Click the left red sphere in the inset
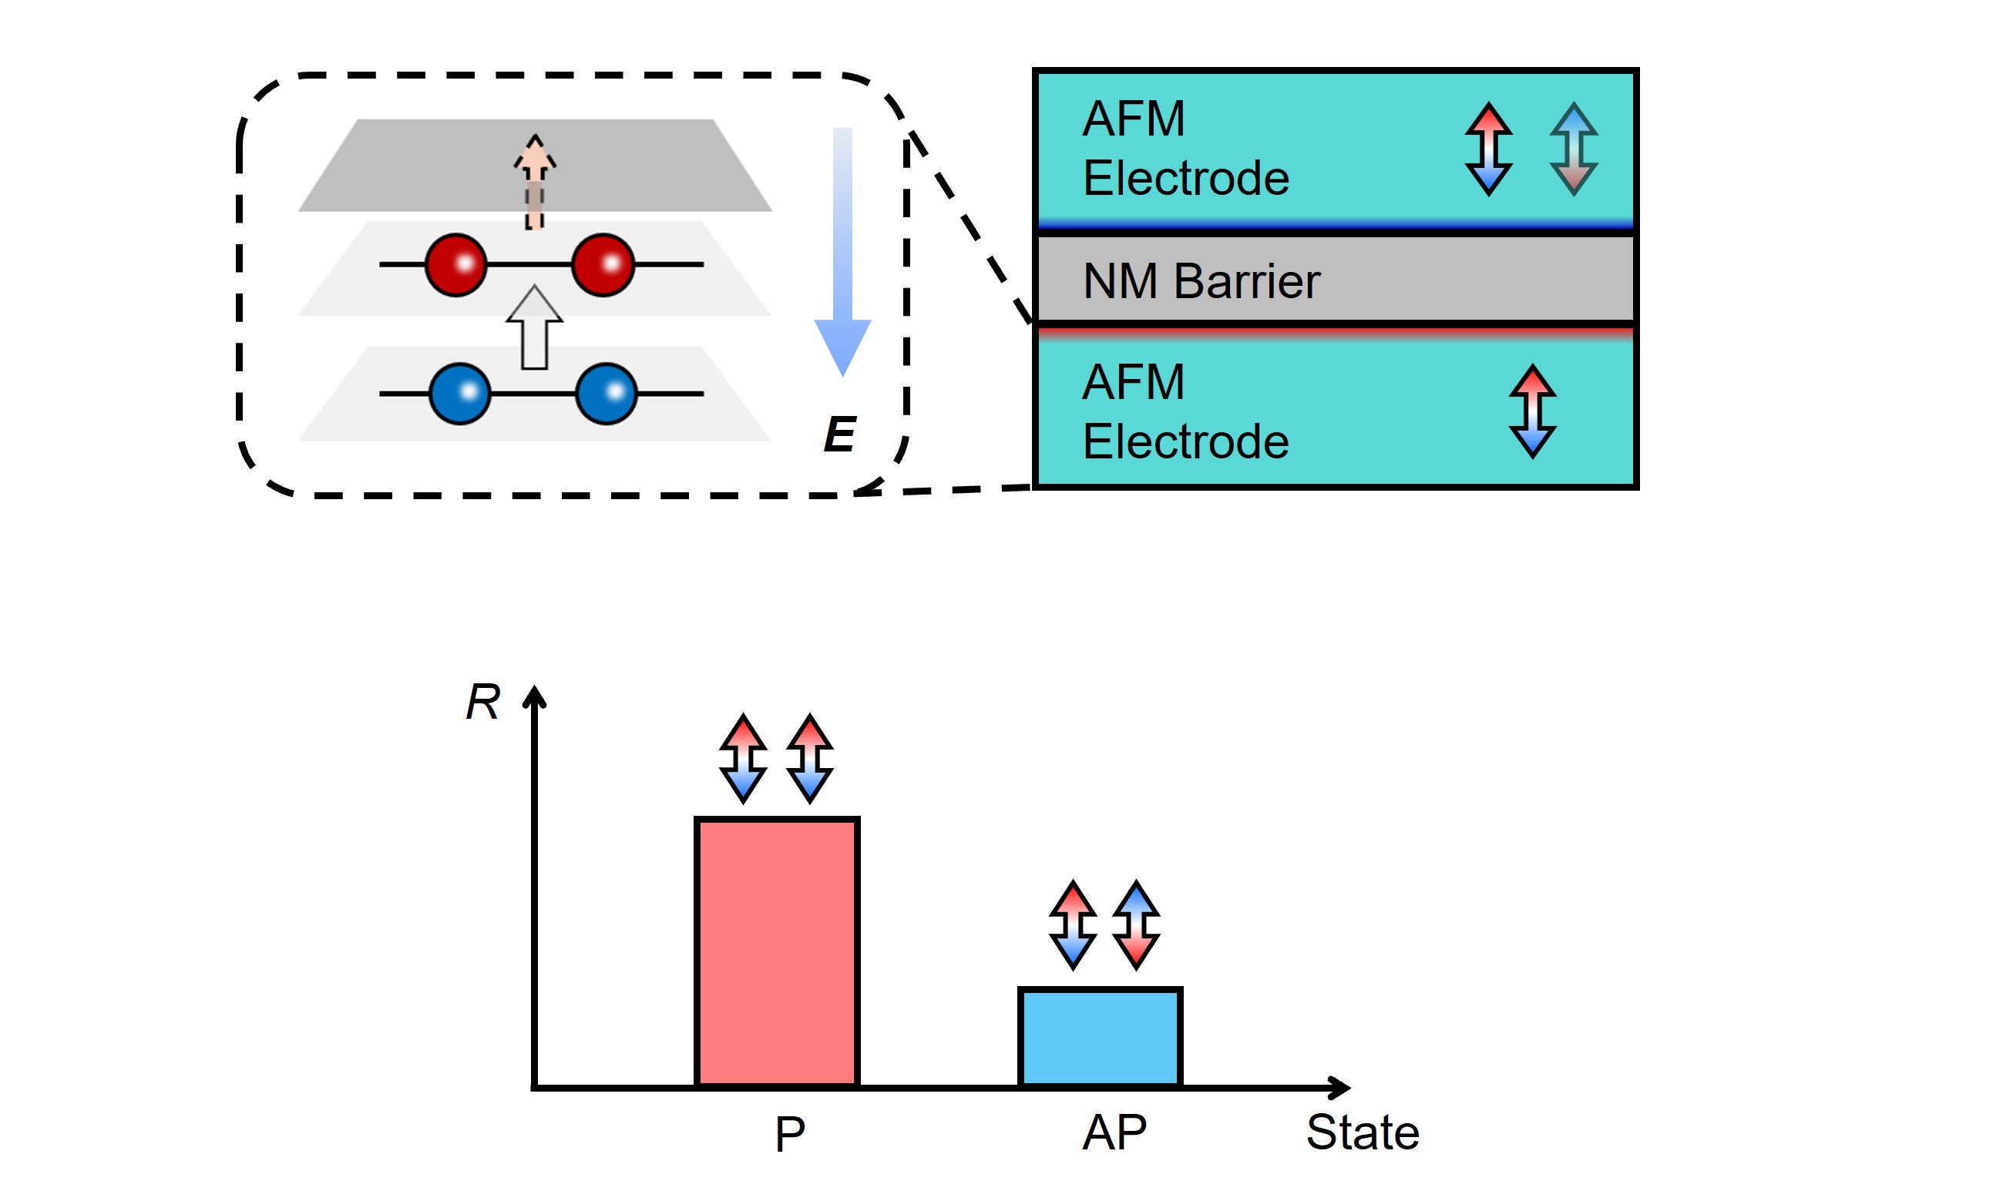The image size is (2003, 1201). coord(455,265)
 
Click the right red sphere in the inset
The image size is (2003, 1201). coord(603,265)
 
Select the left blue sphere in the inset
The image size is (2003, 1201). coord(459,394)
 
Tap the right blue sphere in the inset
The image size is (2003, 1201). coord(606,394)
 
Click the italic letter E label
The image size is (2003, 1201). coord(839,434)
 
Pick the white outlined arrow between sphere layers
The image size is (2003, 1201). coord(534,327)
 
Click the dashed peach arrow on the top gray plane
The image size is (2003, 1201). coord(534,182)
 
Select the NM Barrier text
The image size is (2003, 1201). coord(1201,282)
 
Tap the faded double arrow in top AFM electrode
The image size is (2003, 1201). coord(1573,149)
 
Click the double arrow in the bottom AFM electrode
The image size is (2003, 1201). coord(1532,411)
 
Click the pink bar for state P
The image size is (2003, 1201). coord(776,951)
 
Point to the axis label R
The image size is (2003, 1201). coord(483,701)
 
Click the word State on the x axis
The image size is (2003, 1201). coord(1363,1132)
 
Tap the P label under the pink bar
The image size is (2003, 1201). coord(789,1134)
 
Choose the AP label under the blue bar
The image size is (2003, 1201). coord(1114,1132)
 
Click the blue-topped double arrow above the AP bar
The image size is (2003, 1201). coord(1136,924)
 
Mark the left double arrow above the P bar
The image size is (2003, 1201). coord(742,758)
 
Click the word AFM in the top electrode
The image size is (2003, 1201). coord(1133,119)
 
